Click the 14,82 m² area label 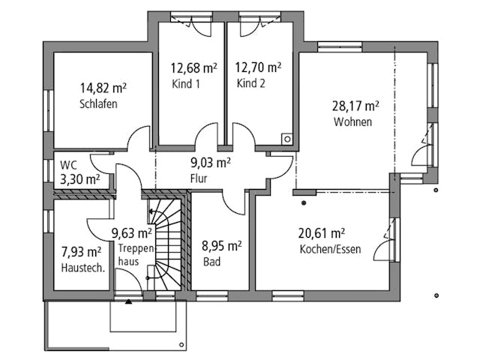pyautogui.click(x=103, y=88)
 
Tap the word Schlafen pyautogui.click(x=98, y=104)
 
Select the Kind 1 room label pyautogui.click(x=186, y=83)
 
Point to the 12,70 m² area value pyautogui.click(x=258, y=67)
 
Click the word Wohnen pyautogui.click(x=353, y=121)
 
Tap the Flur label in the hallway pyautogui.click(x=198, y=178)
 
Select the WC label pyautogui.click(x=68, y=164)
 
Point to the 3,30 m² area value pyautogui.click(x=80, y=179)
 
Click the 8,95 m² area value pyautogui.click(x=220, y=246)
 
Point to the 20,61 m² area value pyautogui.click(x=322, y=233)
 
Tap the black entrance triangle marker pyautogui.click(x=128, y=301)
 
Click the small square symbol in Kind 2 pyautogui.click(x=286, y=138)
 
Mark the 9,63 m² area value pyautogui.click(x=132, y=233)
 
